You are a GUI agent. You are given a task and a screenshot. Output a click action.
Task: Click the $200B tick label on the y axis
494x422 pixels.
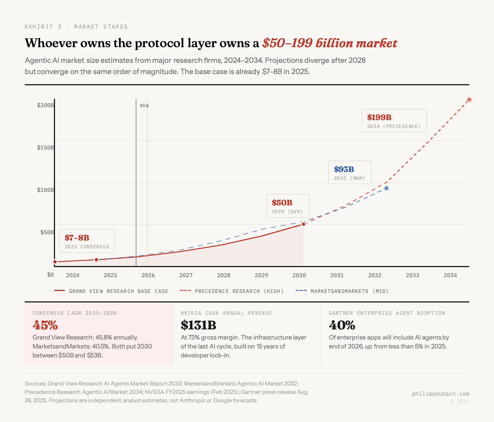pos(45,105)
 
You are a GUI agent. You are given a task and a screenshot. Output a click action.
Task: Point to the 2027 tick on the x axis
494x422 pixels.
pos(186,275)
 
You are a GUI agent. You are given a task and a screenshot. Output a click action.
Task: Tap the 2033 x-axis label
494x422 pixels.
pos(412,275)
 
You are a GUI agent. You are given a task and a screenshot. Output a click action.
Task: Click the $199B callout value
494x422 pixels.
pos(379,117)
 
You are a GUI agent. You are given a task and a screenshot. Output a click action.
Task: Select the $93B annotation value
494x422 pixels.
pos(344,169)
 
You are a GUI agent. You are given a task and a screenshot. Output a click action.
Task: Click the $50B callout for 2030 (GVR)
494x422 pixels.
pos(282,203)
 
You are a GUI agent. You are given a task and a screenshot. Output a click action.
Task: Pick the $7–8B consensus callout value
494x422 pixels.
pos(77,238)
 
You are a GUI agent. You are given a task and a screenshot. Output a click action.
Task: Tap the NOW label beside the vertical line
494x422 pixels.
pos(144,106)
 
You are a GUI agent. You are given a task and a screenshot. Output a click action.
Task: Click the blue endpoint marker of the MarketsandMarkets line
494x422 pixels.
pos(386,188)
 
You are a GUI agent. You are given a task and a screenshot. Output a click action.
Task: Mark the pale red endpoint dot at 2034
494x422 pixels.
pos(469,100)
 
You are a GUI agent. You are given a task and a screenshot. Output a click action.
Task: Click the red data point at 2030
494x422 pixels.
pos(303,224)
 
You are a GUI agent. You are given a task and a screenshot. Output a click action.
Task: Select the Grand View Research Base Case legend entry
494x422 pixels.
pos(111,291)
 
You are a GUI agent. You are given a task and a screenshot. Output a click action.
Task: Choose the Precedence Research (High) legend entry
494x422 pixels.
pos(232,291)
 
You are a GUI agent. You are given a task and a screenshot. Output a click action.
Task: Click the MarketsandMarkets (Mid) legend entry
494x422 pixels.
pos(342,291)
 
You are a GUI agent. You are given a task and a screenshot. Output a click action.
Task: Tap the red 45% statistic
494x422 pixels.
pos(45,325)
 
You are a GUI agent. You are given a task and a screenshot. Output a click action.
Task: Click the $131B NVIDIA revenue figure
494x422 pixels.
pos(198,325)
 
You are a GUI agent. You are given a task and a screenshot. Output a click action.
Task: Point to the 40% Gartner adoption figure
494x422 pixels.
pos(342,325)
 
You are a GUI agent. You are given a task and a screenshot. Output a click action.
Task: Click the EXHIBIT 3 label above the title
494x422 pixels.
pos(43,27)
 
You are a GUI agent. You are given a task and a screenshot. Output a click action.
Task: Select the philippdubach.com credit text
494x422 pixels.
pos(440,394)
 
